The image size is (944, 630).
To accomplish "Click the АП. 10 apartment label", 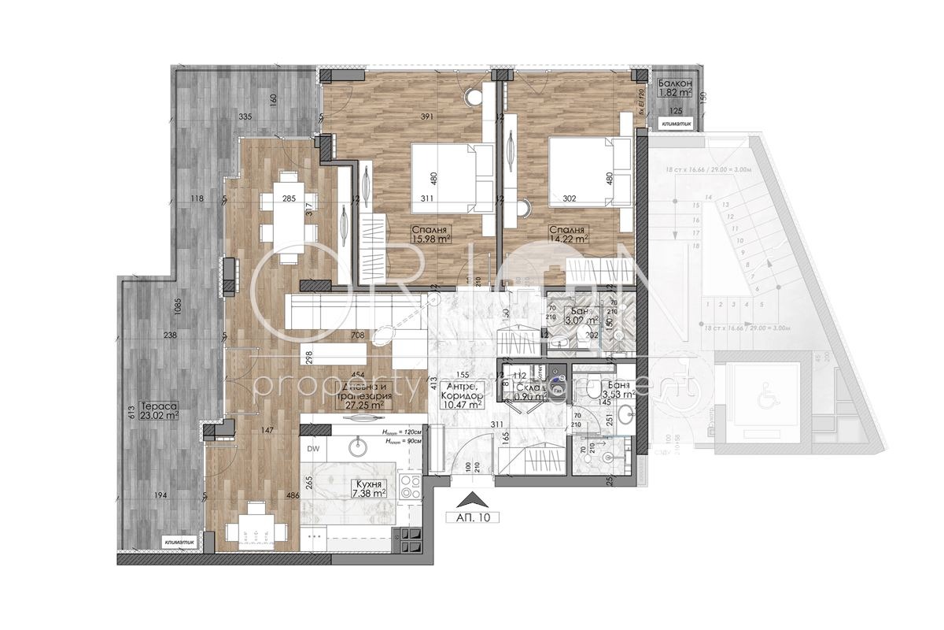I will click(472, 518).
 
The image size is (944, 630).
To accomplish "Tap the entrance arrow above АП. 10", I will click(472, 498).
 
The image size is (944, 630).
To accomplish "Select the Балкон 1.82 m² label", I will click(675, 87).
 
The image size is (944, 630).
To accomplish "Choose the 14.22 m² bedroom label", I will click(570, 234).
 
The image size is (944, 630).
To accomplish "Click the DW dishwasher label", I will click(313, 449).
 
